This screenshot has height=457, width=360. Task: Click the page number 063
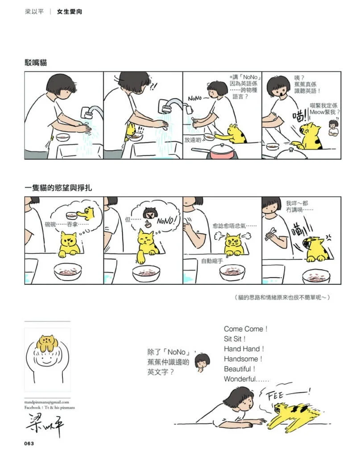(29, 443)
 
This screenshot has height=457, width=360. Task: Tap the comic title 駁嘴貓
(36, 62)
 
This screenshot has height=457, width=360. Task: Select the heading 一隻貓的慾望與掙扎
(58, 188)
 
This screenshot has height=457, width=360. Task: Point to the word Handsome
(241, 359)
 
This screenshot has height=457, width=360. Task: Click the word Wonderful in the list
(240, 379)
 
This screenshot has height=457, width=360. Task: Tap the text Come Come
(244, 329)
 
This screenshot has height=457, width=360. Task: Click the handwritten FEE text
(275, 396)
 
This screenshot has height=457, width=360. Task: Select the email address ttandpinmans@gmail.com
(46, 402)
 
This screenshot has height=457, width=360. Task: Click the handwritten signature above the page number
(45, 425)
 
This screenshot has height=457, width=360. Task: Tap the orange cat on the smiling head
(46, 343)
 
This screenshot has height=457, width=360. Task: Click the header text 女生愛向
(70, 12)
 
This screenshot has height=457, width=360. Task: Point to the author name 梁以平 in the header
(34, 12)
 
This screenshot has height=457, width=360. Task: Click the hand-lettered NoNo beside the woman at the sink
(195, 98)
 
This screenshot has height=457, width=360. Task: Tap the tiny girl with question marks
(333, 128)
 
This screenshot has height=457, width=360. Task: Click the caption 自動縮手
(212, 261)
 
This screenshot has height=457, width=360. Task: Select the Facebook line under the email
(50, 407)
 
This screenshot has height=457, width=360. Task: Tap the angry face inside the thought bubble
(150, 213)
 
